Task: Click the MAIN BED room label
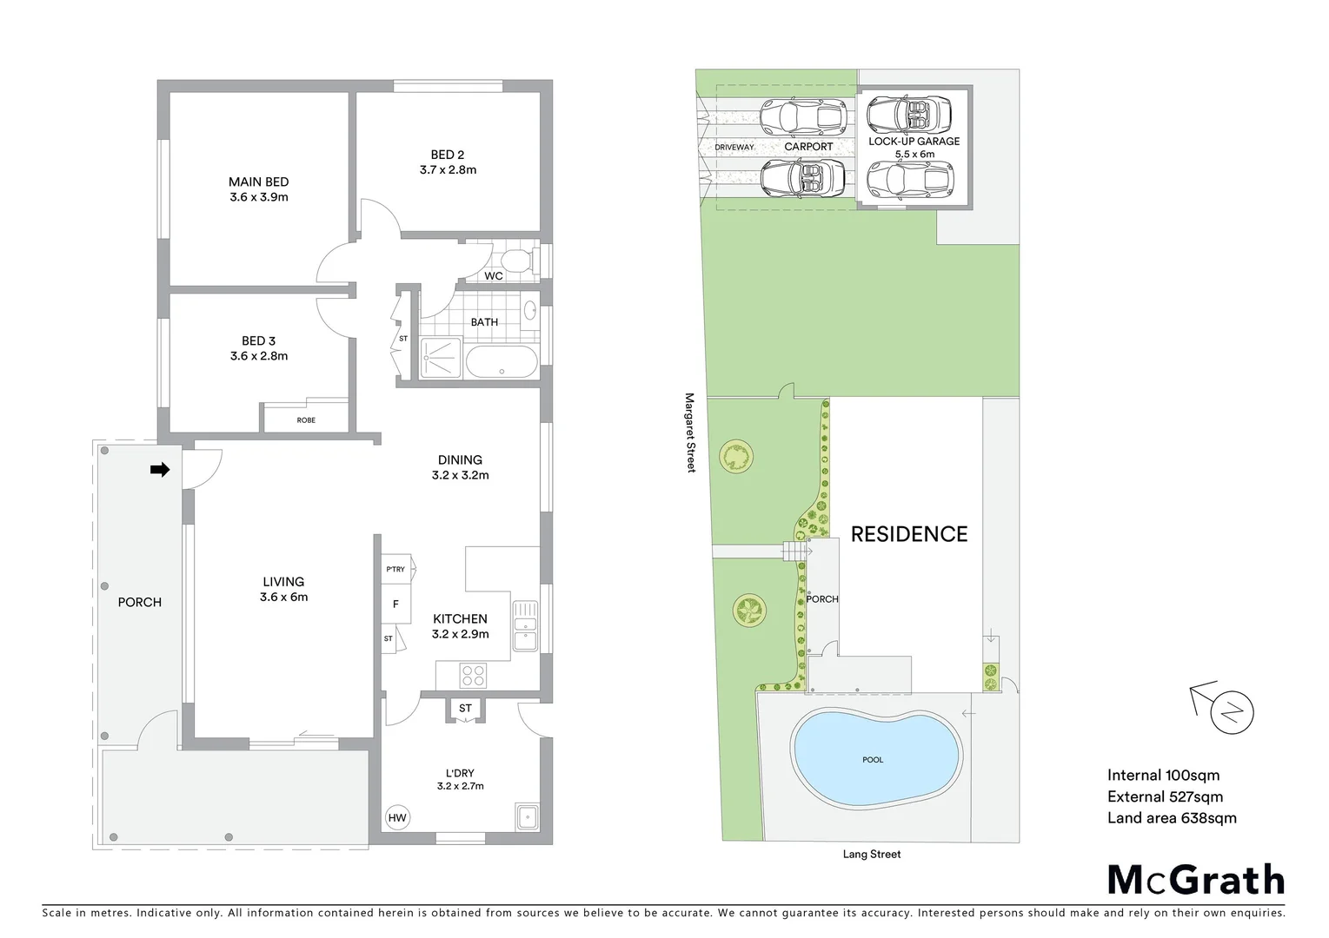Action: [258, 182]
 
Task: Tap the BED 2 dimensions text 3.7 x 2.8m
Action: [448, 170]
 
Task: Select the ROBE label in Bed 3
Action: [306, 420]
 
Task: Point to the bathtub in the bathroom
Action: [502, 362]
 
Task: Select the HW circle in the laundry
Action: [397, 817]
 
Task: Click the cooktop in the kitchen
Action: [473, 675]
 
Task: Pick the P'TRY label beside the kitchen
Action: [395, 570]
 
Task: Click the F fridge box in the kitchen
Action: [395, 604]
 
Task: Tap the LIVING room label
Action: [283, 582]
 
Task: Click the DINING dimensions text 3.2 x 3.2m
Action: [460, 475]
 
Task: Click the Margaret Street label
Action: [690, 433]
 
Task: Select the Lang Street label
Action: [871, 855]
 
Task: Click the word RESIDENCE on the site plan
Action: [908, 534]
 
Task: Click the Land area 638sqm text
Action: [1171, 817]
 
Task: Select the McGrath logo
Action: [1196, 880]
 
